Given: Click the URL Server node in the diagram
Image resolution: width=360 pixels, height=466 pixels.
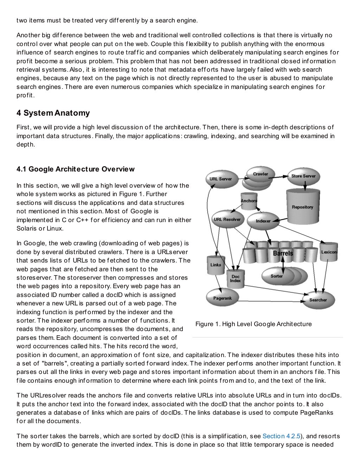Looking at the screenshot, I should (x=220, y=179).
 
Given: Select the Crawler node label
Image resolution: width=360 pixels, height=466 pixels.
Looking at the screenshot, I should (x=261, y=174).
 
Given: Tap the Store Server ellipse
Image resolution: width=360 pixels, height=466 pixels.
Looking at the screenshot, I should (x=303, y=176).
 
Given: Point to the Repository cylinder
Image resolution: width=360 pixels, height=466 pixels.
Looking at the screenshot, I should (x=302, y=207).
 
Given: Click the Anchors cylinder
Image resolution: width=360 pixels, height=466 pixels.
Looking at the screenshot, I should (x=249, y=201).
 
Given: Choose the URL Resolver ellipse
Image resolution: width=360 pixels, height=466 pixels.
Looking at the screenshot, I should (x=227, y=220).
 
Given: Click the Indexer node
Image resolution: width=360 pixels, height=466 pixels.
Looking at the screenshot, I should (x=263, y=221).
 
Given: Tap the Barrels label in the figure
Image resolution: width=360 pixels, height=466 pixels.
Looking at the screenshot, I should (x=283, y=253).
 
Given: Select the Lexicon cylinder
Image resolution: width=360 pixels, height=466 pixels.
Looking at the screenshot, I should (x=329, y=252).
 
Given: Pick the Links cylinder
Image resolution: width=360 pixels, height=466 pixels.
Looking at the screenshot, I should (x=216, y=265).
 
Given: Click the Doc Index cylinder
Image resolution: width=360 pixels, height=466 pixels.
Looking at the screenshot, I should (x=235, y=279).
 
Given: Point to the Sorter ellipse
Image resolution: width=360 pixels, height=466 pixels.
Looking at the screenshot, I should (x=277, y=276).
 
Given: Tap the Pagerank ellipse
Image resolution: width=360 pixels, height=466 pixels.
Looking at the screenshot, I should (x=222, y=298).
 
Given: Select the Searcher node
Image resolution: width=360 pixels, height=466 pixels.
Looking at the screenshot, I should (x=318, y=300).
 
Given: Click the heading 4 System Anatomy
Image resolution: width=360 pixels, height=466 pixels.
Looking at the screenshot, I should (x=53, y=113).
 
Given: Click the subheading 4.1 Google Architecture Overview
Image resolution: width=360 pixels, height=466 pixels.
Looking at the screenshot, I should (x=75, y=169).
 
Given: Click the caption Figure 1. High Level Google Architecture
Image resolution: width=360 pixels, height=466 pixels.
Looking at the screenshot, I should (x=253, y=324).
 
